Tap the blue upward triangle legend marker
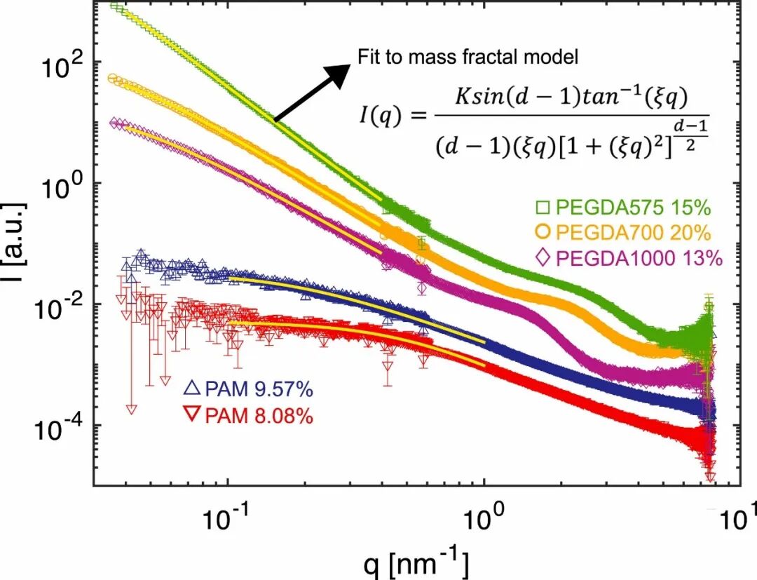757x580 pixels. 193,388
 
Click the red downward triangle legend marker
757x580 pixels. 193,414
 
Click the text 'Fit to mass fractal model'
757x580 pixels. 468,58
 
